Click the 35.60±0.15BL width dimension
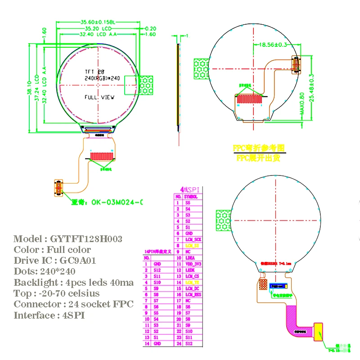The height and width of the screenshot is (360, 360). [98, 22]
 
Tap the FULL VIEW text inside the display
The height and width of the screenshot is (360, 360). [99, 97]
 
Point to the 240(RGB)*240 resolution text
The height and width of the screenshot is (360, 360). [102, 78]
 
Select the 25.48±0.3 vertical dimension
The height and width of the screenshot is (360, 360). [311, 88]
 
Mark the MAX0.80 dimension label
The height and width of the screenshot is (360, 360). [302, 104]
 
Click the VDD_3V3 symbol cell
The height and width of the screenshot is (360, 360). [193, 264]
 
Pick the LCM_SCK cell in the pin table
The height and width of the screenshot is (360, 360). [193, 240]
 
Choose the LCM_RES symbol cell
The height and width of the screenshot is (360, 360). [193, 294]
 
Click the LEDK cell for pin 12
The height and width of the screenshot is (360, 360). [193, 270]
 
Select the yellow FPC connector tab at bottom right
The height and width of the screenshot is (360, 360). [319, 330]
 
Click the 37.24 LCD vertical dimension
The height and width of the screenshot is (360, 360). [37, 88]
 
